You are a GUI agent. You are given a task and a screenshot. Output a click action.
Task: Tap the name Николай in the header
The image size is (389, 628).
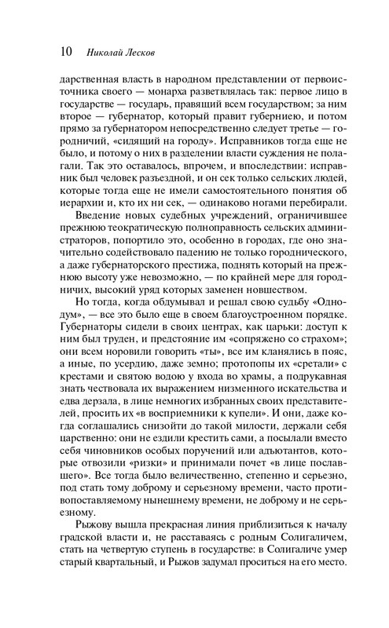(105, 53)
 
